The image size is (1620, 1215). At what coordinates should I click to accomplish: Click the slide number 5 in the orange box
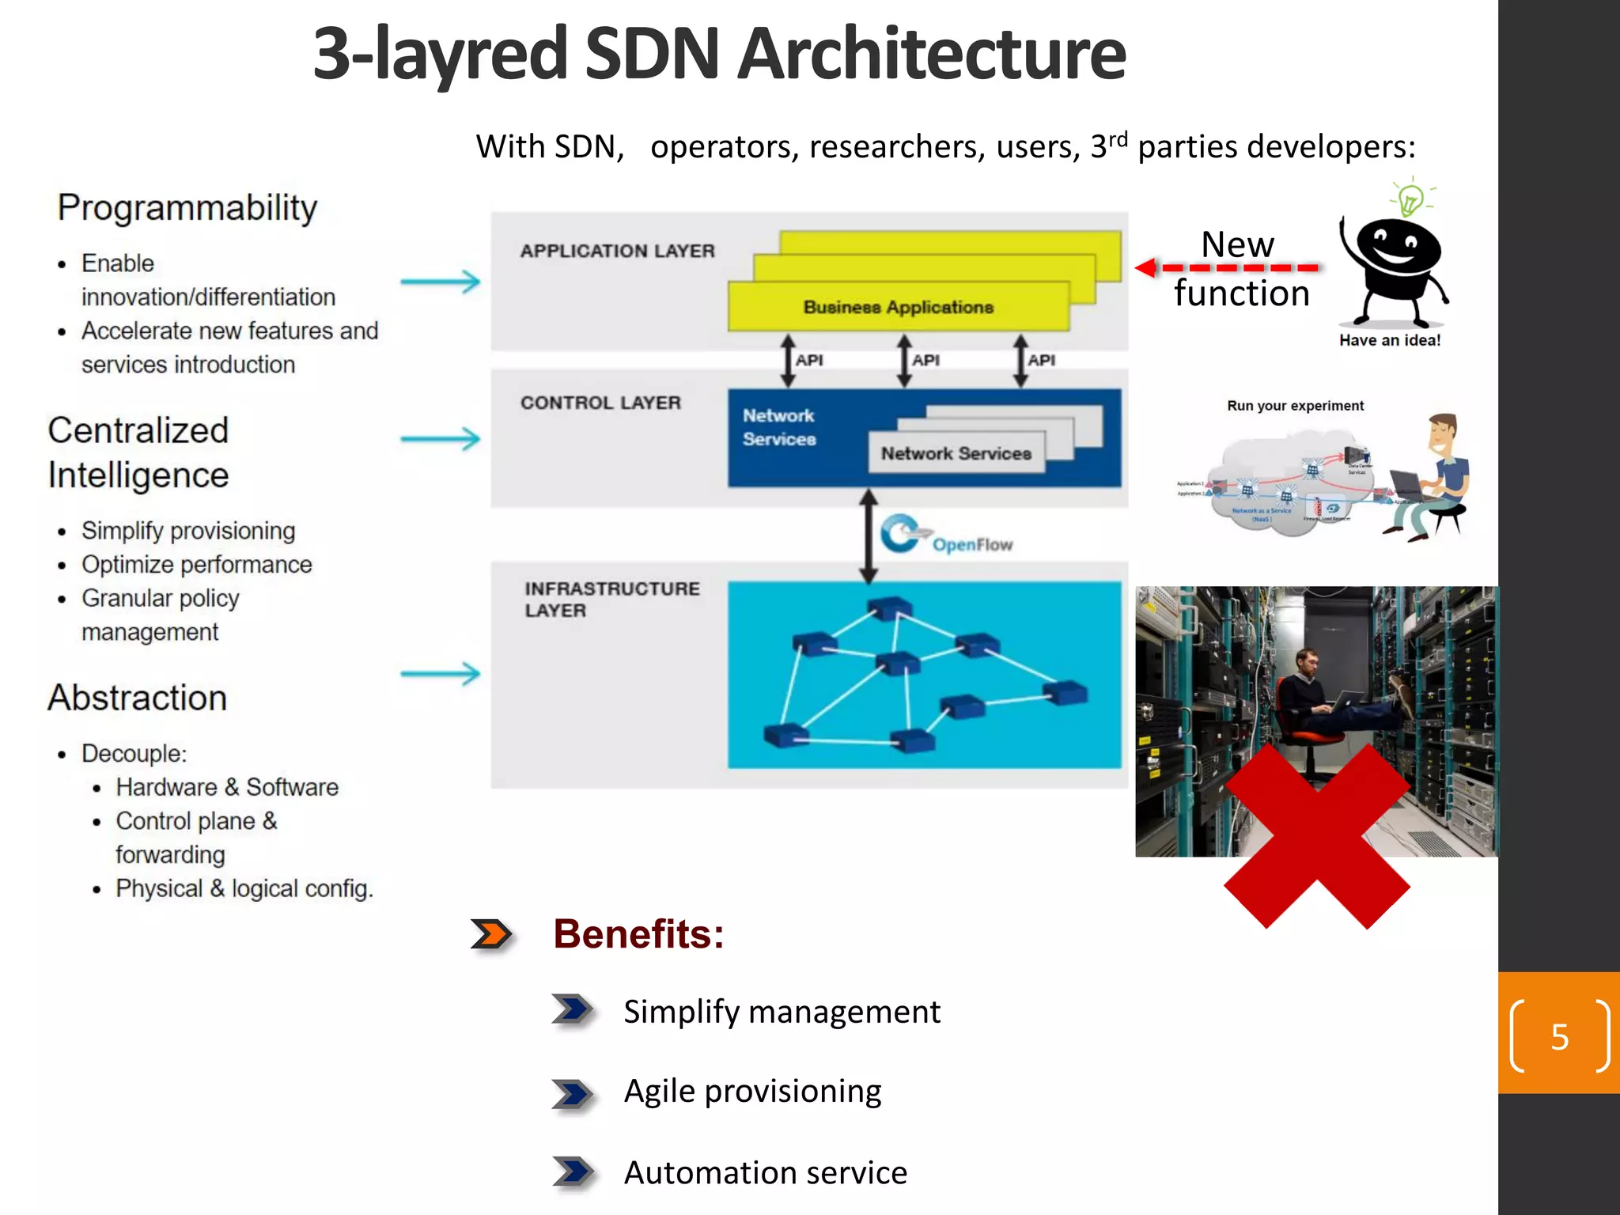point(1559,1036)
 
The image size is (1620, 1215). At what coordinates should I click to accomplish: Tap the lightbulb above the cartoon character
point(1410,199)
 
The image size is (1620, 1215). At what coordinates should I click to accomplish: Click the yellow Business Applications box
point(898,307)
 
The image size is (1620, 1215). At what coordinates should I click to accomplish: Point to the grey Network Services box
point(956,453)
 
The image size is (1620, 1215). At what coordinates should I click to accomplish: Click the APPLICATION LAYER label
point(617,251)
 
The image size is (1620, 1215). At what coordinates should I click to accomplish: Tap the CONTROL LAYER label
point(600,403)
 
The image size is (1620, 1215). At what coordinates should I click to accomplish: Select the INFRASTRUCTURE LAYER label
point(611,599)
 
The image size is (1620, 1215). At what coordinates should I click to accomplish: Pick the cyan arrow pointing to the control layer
point(440,438)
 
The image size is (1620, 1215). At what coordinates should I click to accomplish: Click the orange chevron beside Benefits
point(491,934)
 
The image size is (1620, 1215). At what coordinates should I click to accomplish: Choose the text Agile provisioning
point(752,1092)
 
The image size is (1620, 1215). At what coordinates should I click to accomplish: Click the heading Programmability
point(187,208)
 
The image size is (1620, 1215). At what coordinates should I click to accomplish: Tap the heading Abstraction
point(138,698)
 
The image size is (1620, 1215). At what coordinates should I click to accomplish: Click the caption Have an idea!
point(1389,340)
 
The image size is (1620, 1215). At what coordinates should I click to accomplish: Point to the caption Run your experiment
point(1295,406)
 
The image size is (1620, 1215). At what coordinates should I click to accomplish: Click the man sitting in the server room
point(1313,696)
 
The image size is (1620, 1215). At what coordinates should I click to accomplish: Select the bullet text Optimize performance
point(196,565)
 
